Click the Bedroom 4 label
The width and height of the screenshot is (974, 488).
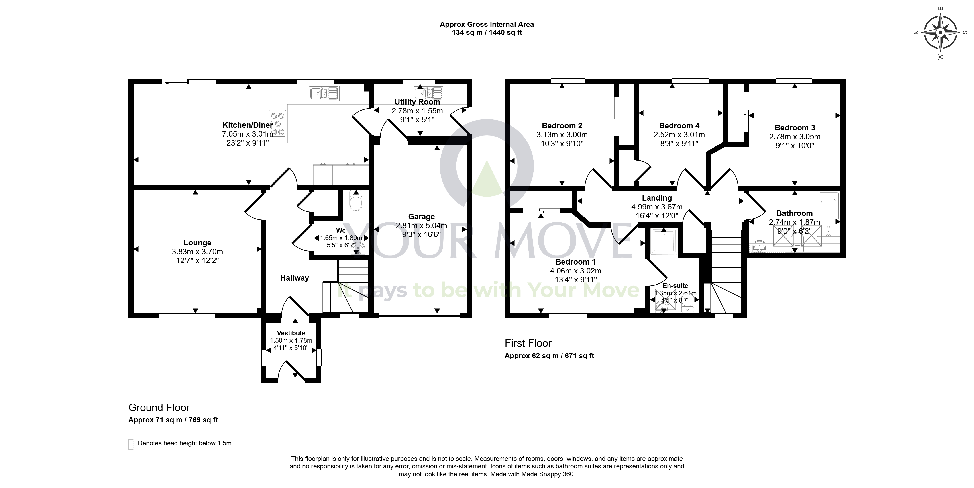(x=679, y=126)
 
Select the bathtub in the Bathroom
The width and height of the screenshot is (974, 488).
(x=828, y=214)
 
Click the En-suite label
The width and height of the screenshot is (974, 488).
(x=675, y=286)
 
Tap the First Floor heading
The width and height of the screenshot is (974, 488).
(x=528, y=343)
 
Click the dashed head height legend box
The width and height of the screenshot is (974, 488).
(x=131, y=444)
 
